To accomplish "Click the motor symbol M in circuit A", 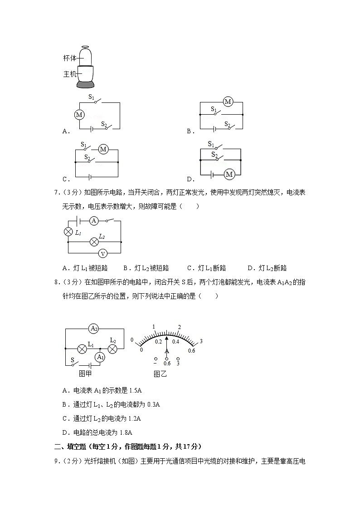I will tap(79, 115).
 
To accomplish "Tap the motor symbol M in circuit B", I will tap(228, 102).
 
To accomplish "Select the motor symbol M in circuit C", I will tap(103, 149).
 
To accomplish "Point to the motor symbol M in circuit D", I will tap(229, 174).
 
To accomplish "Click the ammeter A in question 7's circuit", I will tap(94, 221).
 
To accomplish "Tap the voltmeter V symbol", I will tap(103, 253).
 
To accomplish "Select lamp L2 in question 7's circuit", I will tap(94, 242).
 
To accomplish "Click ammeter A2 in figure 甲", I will tap(94, 328).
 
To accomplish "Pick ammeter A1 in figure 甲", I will tap(100, 357).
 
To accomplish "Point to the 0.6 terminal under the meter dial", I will tap(167, 363).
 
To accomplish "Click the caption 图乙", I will tap(160, 374).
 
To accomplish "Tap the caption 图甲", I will tap(85, 373).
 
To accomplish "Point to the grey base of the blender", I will tap(86, 84).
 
